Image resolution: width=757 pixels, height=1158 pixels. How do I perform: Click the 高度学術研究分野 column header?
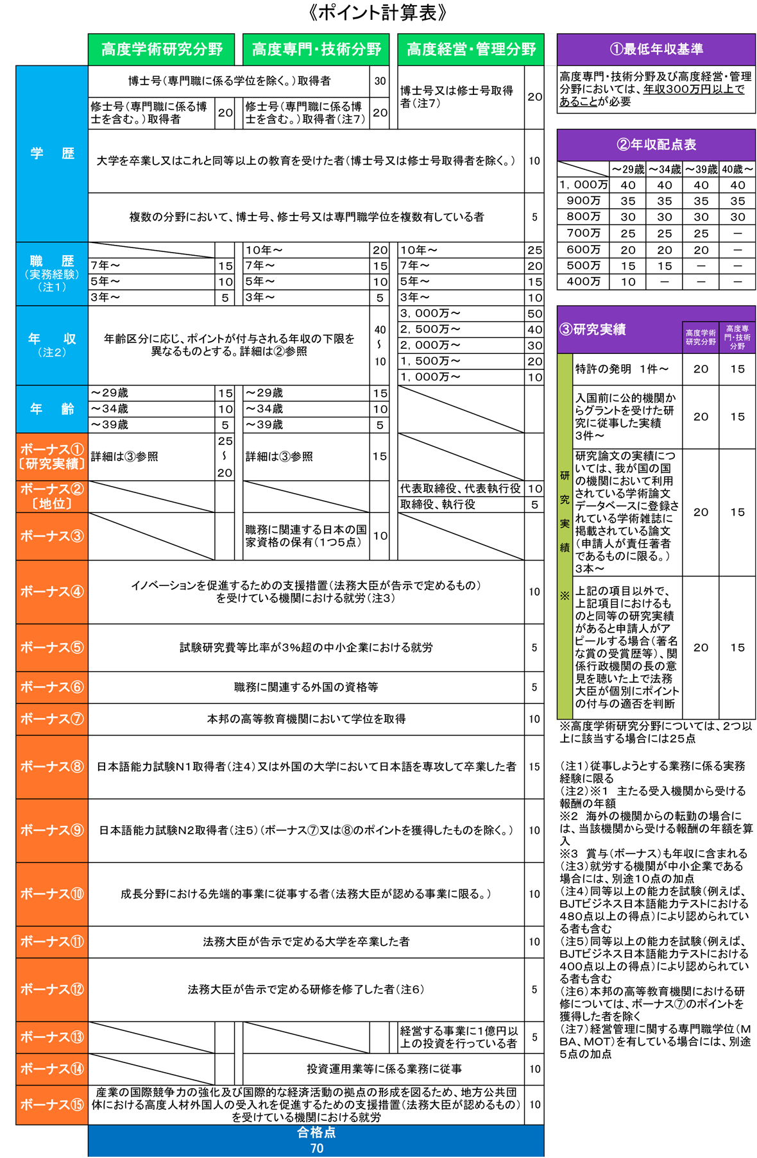(161, 49)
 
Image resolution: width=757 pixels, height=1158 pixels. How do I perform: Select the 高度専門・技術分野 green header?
(316, 49)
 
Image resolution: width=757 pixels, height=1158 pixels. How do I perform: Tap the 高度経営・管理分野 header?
(470, 49)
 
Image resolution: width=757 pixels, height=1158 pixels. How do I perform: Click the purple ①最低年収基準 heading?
(656, 49)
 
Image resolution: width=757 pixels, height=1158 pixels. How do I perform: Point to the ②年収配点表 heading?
(656, 145)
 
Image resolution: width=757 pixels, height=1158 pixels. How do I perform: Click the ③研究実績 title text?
(593, 330)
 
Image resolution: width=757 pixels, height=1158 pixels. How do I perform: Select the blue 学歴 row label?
(52, 153)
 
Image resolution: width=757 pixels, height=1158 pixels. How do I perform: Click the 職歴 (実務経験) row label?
(52, 273)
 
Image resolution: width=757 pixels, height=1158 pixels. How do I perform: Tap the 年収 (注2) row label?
(52, 345)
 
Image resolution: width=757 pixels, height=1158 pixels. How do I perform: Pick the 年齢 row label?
(52, 408)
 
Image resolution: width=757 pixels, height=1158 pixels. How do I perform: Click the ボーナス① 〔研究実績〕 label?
(52, 457)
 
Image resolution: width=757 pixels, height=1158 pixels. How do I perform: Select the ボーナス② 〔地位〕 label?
(52, 496)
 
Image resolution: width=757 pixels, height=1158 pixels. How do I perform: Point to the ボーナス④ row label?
(52, 592)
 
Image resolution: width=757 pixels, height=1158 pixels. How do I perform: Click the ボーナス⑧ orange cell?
(52, 767)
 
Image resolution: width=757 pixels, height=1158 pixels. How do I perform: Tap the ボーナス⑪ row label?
(52, 942)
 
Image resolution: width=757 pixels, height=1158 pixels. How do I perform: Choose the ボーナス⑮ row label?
(52, 1105)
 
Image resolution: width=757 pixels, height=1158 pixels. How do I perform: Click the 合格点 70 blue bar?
(316, 1141)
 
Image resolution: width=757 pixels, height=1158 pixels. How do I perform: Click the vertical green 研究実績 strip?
(565, 535)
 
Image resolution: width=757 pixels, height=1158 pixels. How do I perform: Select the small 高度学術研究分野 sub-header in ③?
(700, 337)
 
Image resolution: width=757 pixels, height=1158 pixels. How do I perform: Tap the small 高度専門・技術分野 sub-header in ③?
(737, 337)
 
